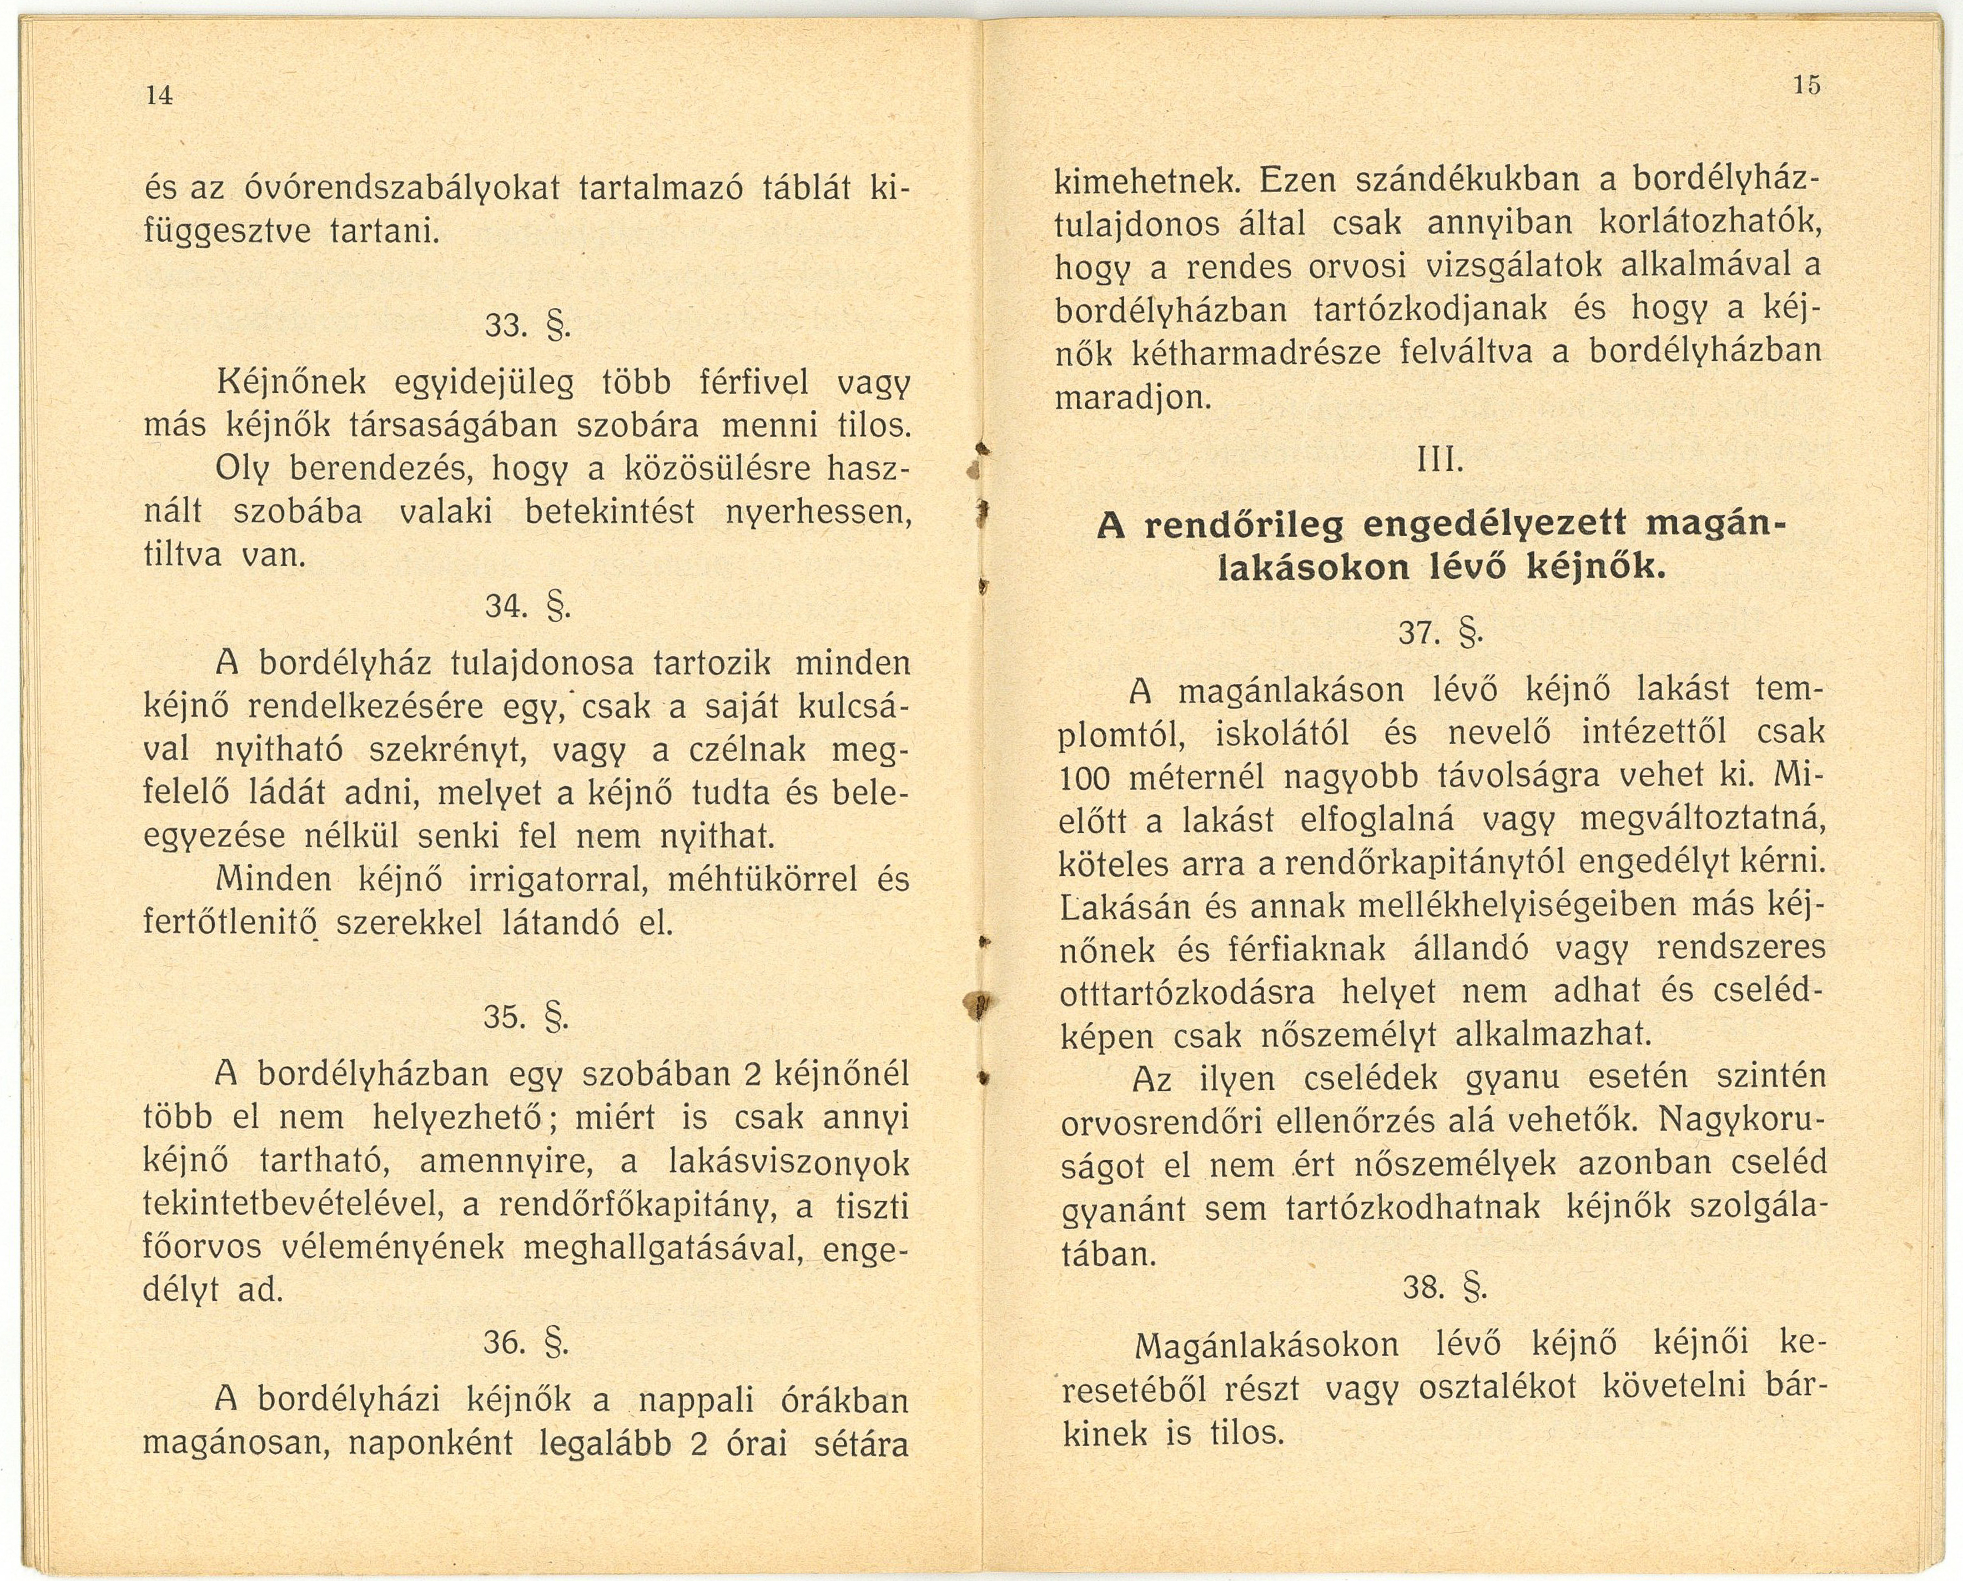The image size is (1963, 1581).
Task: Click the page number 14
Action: pyautogui.click(x=159, y=95)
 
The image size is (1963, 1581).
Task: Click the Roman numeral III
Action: pyautogui.click(x=1440, y=462)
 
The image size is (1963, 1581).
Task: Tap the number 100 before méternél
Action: pyautogui.click(x=1084, y=778)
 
